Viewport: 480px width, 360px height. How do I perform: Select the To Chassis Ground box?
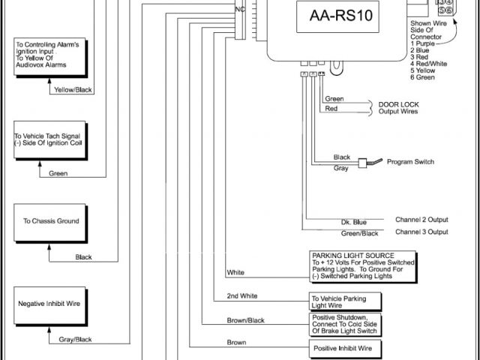(x=51, y=221)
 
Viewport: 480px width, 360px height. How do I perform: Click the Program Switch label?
(x=413, y=162)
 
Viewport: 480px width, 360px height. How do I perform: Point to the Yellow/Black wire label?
(x=73, y=90)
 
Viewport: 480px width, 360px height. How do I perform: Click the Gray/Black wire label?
(x=74, y=339)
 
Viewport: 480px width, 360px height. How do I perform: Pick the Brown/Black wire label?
(x=245, y=320)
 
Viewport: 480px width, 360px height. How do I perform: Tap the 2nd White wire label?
(x=241, y=296)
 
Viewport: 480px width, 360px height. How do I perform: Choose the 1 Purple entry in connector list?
(x=424, y=43)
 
